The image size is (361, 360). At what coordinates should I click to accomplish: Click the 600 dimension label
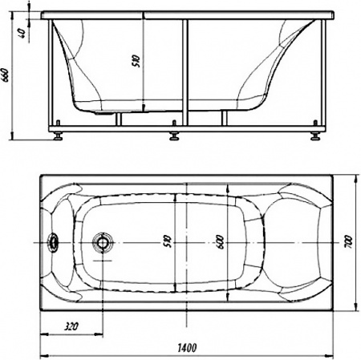point(219,241)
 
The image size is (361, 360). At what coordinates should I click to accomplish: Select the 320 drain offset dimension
point(71,327)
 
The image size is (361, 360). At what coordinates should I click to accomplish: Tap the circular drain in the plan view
point(102,242)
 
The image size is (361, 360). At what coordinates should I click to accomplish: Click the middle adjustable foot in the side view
point(173,134)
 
